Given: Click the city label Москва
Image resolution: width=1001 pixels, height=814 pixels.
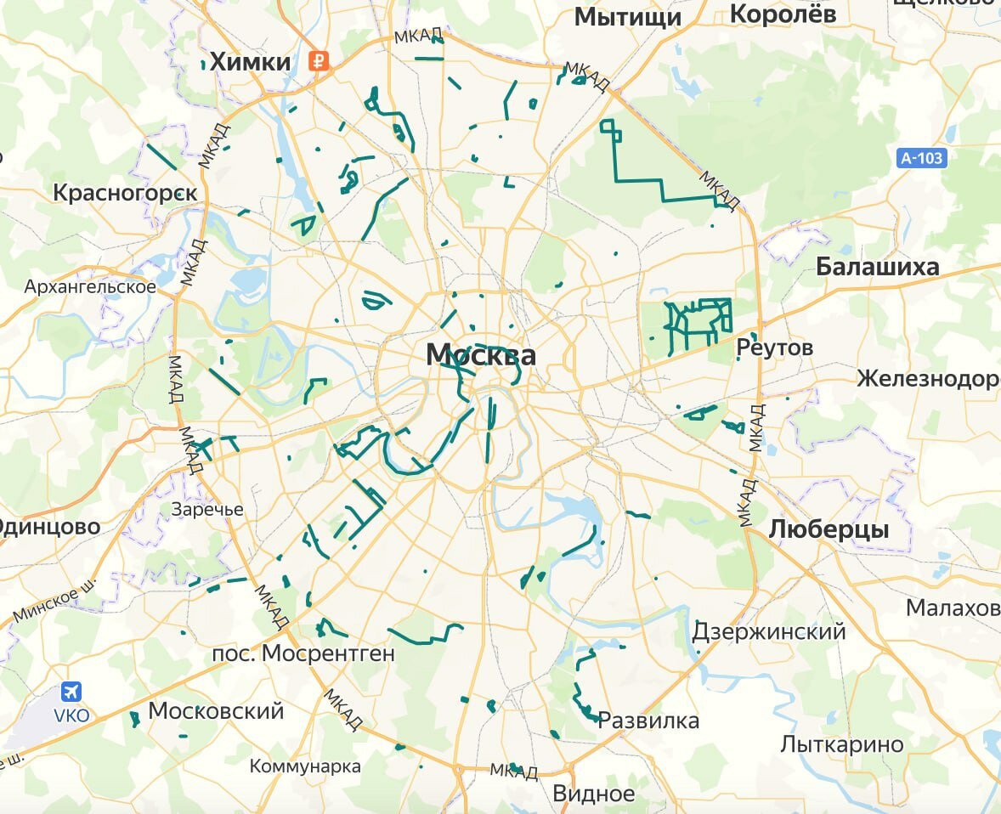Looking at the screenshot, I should pyautogui.click(x=481, y=354).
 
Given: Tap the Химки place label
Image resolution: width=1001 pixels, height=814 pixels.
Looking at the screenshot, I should pyautogui.click(x=250, y=61).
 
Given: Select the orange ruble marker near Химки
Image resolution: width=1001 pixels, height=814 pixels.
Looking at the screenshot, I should pyautogui.click(x=320, y=60).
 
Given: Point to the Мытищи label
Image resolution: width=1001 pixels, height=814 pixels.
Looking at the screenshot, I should pyautogui.click(x=628, y=17).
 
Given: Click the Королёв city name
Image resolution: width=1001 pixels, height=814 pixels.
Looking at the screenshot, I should pyautogui.click(x=783, y=14).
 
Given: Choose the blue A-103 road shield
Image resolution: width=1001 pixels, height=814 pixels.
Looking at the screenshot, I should pyautogui.click(x=922, y=157).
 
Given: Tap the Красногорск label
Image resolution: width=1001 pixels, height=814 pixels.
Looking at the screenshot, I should pyautogui.click(x=125, y=193).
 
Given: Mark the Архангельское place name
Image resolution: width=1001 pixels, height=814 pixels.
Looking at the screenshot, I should pyautogui.click(x=90, y=286).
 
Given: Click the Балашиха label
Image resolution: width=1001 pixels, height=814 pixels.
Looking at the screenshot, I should pyautogui.click(x=877, y=267).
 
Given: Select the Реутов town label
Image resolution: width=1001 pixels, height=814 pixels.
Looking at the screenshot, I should pyautogui.click(x=774, y=348).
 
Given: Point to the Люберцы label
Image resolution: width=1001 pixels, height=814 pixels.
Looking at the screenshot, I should pyautogui.click(x=829, y=529).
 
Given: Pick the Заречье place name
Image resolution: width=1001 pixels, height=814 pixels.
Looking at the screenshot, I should pyautogui.click(x=207, y=510).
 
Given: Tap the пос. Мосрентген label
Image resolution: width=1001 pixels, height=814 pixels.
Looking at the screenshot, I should pyautogui.click(x=303, y=653).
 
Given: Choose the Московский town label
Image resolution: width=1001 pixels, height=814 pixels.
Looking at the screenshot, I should pyautogui.click(x=216, y=710).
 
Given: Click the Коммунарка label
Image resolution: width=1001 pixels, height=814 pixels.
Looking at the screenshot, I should pyautogui.click(x=305, y=766).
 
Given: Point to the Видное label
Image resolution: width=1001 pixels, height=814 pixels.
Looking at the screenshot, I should pyautogui.click(x=593, y=794).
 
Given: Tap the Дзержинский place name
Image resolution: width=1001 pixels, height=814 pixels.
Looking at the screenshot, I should pyautogui.click(x=769, y=631).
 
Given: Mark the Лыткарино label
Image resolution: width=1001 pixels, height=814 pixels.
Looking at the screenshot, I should pyautogui.click(x=842, y=744).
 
